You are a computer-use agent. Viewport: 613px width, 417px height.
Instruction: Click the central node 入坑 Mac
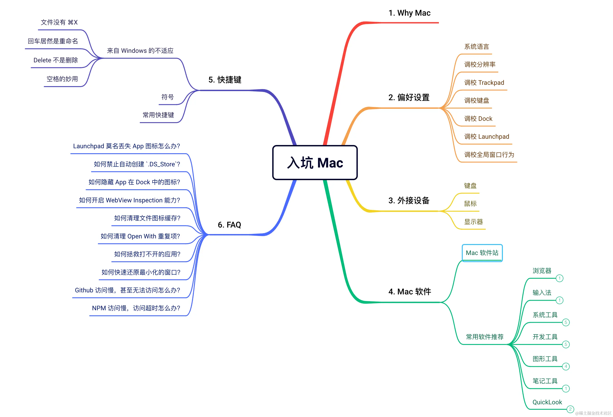coord(315,162)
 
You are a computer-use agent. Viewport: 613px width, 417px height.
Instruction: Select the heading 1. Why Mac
coord(409,13)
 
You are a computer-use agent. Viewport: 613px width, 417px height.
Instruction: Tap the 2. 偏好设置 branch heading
coord(409,97)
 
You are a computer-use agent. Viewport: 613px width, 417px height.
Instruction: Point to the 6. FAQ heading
coord(229,225)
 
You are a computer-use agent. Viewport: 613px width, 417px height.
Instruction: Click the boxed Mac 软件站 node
coord(482,253)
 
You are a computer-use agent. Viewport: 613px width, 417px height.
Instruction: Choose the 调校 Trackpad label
coord(484,82)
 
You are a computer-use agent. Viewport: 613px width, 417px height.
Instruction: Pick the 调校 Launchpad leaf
coord(487,136)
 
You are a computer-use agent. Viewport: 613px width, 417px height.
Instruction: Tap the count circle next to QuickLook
coord(570,409)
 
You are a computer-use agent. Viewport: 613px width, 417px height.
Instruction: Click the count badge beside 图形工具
coord(566,366)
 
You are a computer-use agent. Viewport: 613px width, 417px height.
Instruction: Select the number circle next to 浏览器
coord(559,278)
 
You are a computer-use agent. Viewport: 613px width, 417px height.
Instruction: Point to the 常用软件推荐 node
coord(484,337)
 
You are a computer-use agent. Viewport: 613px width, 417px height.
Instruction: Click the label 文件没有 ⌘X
coord(59,22)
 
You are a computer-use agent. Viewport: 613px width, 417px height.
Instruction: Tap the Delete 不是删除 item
coord(56,60)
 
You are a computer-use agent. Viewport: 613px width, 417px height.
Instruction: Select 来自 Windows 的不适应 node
coord(140,51)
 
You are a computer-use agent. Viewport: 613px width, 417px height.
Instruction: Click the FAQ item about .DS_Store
coord(137,164)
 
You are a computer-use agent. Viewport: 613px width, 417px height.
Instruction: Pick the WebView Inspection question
coord(129,200)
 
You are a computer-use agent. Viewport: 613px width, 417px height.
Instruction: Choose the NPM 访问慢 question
coord(136,308)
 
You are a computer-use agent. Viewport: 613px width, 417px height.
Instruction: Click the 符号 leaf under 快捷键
coord(168,97)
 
